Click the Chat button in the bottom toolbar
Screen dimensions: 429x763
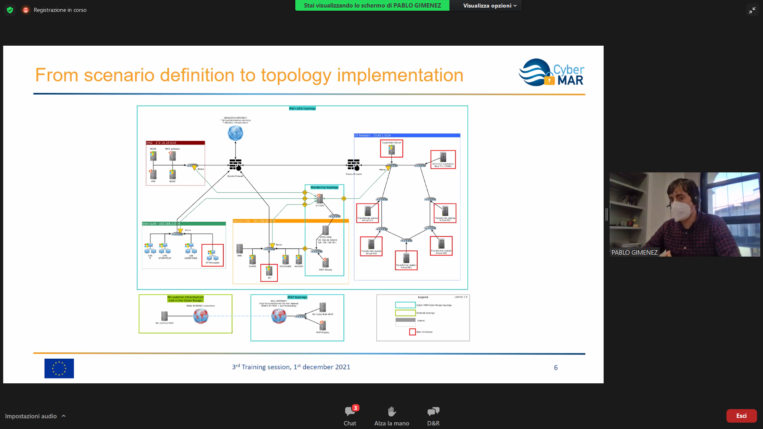click(350, 415)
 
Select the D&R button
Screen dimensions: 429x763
click(433, 415)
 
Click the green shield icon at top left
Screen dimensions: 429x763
click(10, 10)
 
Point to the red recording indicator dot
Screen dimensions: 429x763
click(26, 10)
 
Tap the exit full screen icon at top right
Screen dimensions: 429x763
click(752, 10)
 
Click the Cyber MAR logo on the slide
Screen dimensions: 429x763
click(552, 72)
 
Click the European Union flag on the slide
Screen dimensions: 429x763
click(59, 368)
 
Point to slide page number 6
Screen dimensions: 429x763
click(556, 368)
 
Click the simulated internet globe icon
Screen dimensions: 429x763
click(235, 133)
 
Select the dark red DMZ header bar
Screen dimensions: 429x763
click(175, 143)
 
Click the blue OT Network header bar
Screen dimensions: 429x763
click(407, 135)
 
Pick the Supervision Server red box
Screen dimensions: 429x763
click(391, 149)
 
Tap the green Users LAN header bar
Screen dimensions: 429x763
click(184, 224)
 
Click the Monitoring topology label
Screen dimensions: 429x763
click(324, 187)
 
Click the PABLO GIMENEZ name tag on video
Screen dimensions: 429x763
click(634, 252)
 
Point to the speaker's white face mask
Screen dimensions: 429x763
click(684, 211)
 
